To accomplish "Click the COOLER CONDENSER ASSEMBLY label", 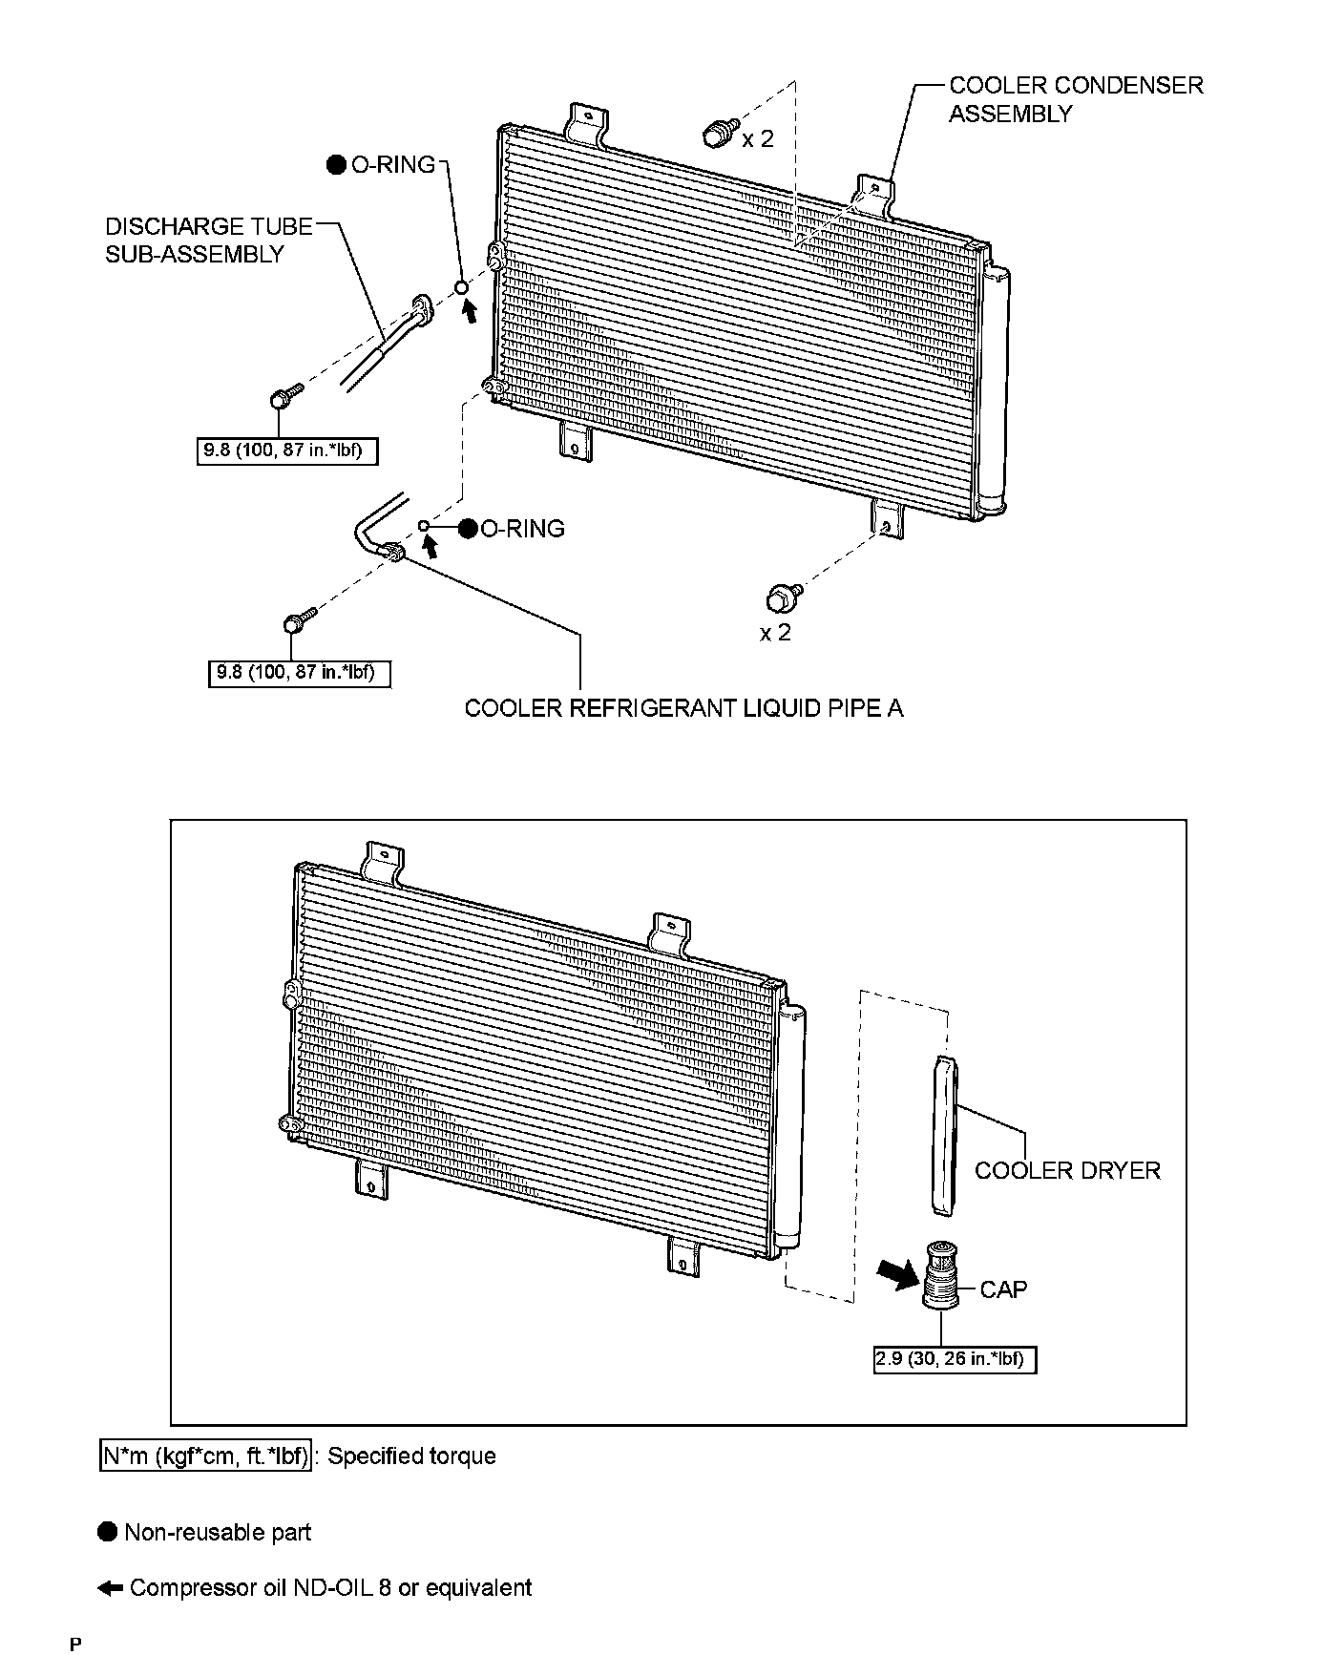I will coord(1076,99).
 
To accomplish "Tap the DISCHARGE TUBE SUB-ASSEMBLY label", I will coord(208,240).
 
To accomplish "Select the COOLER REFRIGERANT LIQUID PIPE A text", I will coord(683,708).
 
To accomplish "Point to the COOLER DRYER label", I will coord(1067,1171).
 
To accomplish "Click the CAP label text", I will coord(1003,1289).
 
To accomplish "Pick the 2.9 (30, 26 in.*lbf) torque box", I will coord(955,1360).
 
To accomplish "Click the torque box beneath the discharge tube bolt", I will coord(285,450).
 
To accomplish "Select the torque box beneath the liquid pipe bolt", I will coord(299,673).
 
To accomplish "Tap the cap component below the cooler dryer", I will coord(941,1274).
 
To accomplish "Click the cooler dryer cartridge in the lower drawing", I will coord(943,1136).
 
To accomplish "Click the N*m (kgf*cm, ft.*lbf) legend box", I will coord(205,1456).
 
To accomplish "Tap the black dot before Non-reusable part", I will coord(108,1533).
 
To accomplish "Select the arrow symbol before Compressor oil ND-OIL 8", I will coord(111,1588).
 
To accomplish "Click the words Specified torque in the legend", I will coord(411,1456).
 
